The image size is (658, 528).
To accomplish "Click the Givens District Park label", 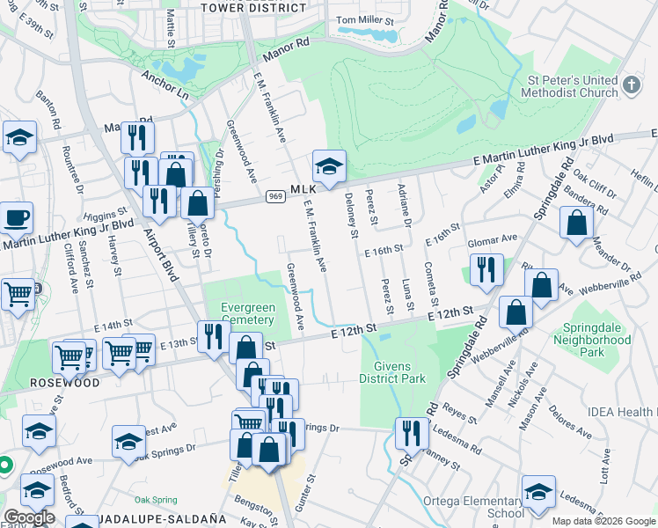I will click(x=392, y=371).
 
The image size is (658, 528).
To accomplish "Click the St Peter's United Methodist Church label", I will click(x=571, y=85).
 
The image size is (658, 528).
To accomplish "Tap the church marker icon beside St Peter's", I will click(x=630, y=85).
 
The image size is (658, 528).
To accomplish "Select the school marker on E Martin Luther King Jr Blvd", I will click(x=329, y=165).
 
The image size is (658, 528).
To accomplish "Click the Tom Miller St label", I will click(x=366, y=21).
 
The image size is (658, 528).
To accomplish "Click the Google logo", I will click(x=29, y=517).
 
